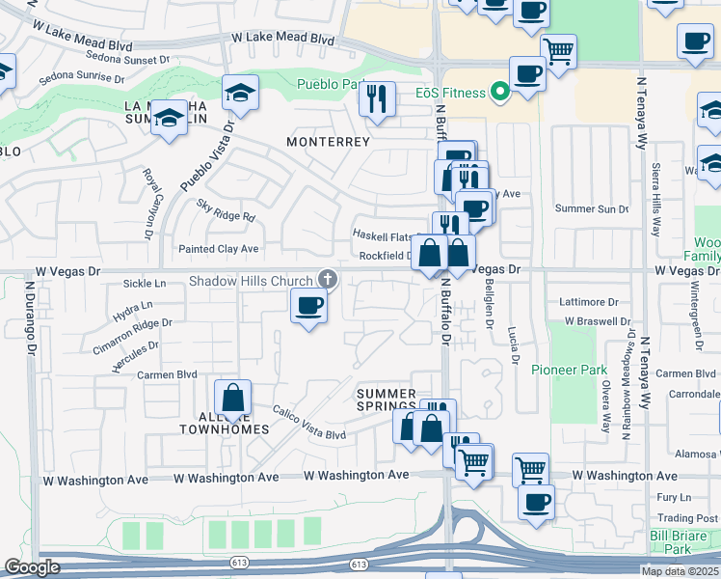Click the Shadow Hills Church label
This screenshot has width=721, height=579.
point(251,281)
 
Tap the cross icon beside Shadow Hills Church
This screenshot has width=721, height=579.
point(328,280)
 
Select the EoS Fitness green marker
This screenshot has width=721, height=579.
point(499,93)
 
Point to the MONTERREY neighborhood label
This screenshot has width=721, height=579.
point(329,142)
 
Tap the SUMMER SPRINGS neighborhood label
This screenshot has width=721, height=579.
point(387,400)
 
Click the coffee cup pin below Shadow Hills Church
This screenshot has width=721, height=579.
point(308,307)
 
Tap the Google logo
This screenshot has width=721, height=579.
point(32,567)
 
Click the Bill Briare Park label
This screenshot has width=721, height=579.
point(684,541)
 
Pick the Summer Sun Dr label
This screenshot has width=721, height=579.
point(592,208)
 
